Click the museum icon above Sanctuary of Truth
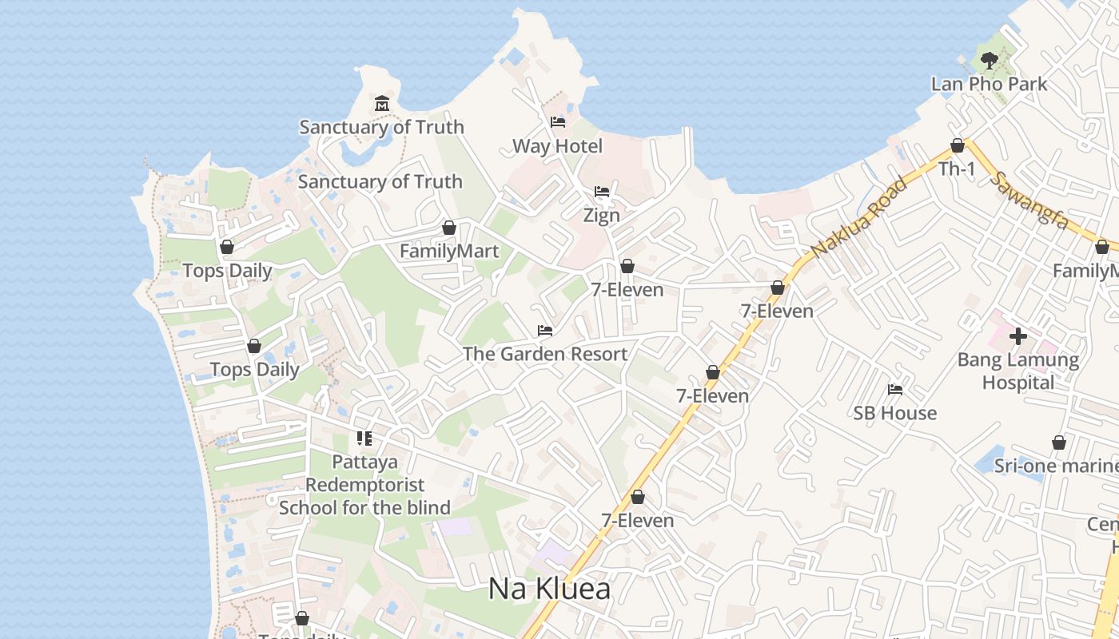381,104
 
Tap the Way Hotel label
557,146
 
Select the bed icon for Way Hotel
558,122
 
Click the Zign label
601,216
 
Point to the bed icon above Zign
602,192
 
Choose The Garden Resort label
545,354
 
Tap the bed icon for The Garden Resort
545,330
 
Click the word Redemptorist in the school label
364,485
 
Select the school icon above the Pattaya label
364,439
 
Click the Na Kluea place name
549,589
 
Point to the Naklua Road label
859,217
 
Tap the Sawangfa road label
1029,200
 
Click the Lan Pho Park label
989,84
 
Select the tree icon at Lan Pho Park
989,60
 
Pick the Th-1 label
957,169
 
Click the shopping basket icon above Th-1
957,145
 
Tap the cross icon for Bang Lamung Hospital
1017,336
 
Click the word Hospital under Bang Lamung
1017,383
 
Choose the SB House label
894,413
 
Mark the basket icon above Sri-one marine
1058,443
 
